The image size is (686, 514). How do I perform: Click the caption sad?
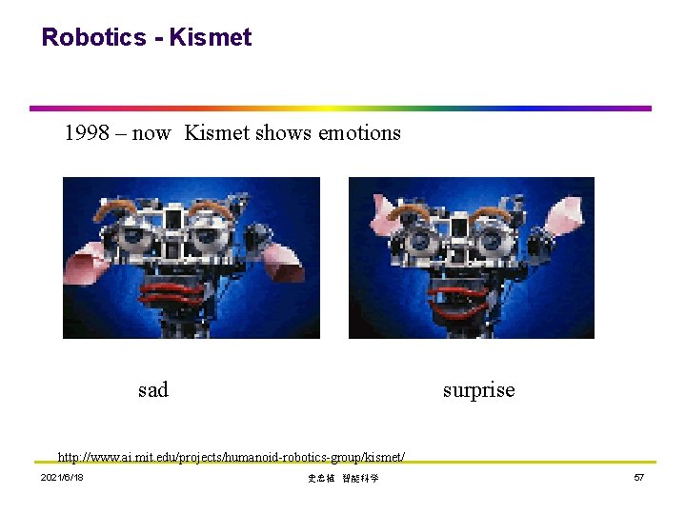coord(152,389)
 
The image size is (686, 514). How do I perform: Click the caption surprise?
coord(478,390)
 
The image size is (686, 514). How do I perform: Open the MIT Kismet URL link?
coord(232,458)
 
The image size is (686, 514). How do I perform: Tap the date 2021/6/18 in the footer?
coord(62,478)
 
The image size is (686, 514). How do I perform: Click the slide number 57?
coord(639,478)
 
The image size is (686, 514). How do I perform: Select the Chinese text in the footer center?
coord(343,479)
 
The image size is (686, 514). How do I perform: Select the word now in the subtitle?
coord(151,133)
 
